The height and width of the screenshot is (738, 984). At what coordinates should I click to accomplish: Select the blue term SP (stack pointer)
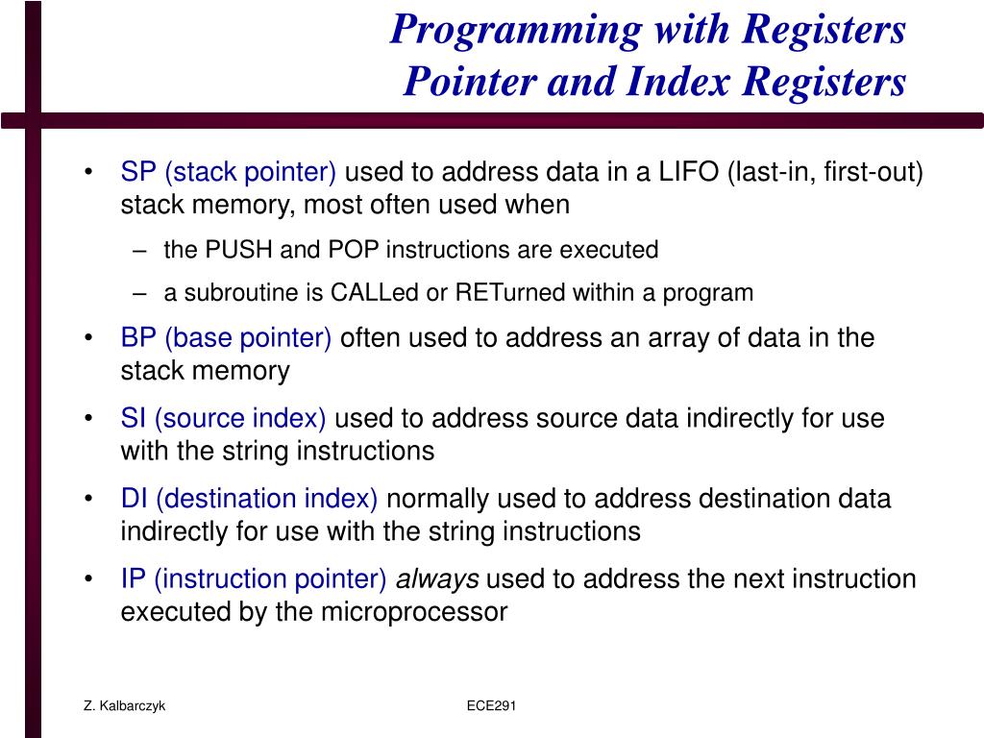228,173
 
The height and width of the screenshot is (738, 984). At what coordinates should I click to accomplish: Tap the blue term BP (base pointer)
226,338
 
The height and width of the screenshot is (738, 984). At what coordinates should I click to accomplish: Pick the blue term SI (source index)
223,419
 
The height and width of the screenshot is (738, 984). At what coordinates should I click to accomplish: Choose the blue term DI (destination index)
249,500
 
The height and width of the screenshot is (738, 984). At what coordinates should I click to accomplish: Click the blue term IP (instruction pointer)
254,579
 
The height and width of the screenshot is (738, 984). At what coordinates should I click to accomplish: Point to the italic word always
437,579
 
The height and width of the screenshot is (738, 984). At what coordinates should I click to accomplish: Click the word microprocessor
413,612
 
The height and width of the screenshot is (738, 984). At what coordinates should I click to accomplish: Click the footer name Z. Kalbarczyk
124,706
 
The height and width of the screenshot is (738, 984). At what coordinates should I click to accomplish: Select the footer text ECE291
492,706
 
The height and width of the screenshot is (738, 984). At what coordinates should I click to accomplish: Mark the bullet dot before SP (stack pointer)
88,174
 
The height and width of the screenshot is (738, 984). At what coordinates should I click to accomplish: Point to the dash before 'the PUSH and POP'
141,251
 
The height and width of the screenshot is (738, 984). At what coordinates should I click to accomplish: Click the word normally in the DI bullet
435,500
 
